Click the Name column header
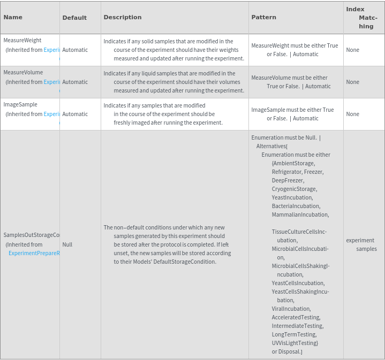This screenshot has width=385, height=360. click(x=13, y=17)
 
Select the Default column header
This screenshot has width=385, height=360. click(x=74, y=18)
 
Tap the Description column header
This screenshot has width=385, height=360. click(x=123, y=17)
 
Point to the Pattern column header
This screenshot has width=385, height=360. click(x=263, y=17)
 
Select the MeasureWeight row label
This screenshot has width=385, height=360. click(x=22, y=40)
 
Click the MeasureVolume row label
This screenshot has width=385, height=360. click(x=23, y=72)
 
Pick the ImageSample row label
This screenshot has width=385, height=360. click(x=20, y=104)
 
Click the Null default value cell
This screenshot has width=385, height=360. click(x=67, y=244)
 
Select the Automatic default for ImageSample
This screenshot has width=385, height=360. click(x=75, y=114)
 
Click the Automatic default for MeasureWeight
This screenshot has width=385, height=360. click(x=75, y=50)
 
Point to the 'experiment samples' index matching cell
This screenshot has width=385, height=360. click(x=362, y=244)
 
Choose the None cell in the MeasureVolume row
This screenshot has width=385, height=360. click(x=352, y=82)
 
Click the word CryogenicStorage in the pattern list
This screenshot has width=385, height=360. click(x=294, y=189)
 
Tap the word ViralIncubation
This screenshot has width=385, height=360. click(x=291, y=309)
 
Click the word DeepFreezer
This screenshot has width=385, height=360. click(x=288, y=180)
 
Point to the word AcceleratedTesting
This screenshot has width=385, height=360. click(x=296, y=317)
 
